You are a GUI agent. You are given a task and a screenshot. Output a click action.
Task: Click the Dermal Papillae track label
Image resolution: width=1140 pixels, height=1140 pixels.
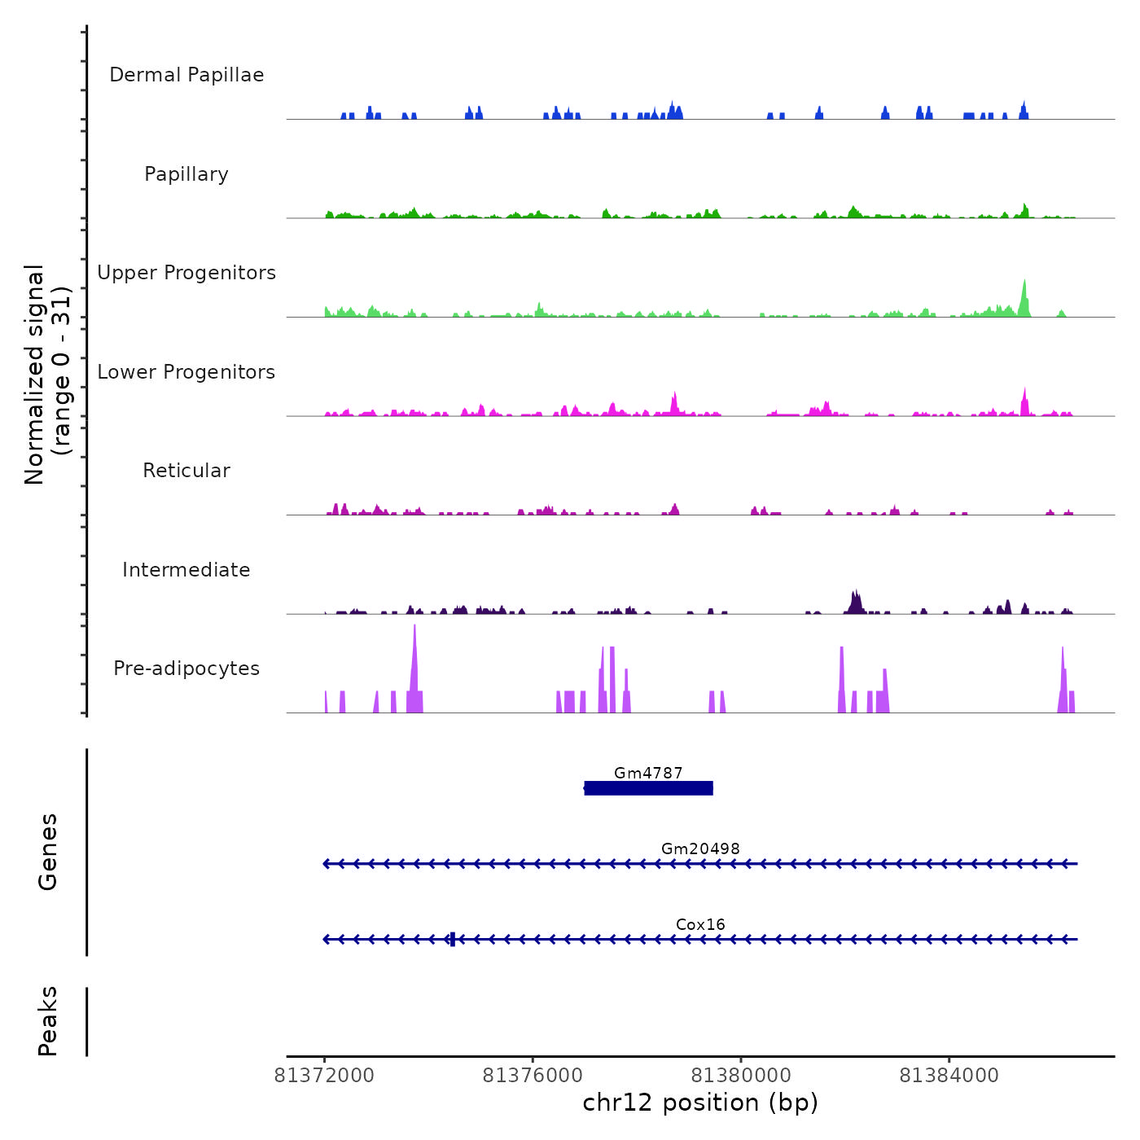click(186, 75)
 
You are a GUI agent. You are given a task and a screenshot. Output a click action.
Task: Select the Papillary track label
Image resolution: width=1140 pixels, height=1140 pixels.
click(186, 174)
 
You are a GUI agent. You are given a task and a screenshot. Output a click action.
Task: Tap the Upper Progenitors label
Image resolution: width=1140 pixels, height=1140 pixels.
click(186, 273)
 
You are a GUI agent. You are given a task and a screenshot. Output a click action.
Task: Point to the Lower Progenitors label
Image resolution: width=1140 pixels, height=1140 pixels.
click(186, 372)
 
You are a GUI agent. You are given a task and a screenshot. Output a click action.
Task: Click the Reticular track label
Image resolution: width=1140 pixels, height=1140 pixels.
click(186, 471)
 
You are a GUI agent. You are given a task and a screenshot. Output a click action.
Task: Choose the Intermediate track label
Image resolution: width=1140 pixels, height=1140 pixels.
click(186, 570)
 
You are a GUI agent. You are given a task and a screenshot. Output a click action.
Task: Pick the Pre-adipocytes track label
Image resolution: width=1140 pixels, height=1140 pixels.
click(186, 669)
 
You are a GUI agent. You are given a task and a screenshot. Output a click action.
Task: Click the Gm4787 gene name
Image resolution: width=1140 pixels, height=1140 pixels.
click(648, 773)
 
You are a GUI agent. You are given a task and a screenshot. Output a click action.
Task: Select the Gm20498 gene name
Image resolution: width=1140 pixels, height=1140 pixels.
click(700, 848)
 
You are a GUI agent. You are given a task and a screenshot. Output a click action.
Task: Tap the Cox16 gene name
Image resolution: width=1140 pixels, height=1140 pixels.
click(700, 924)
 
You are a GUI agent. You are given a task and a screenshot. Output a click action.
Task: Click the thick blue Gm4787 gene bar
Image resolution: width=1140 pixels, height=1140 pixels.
click(649, 788)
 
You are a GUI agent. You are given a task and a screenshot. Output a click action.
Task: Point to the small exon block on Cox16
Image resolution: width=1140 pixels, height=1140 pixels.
click(452, 939)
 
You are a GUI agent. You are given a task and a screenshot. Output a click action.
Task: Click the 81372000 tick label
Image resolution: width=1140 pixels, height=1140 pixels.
click(324, 1076)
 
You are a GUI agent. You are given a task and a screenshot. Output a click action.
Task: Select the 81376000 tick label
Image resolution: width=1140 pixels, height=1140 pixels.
click(533, 1076)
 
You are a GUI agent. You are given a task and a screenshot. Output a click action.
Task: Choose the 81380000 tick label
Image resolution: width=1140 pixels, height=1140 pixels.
click(741, 1076)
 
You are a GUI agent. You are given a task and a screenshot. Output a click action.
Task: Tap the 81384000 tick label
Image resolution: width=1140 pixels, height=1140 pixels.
click(949, 1076)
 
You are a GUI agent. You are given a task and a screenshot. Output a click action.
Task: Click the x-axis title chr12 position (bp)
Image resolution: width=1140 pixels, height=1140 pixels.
click(700, 1103)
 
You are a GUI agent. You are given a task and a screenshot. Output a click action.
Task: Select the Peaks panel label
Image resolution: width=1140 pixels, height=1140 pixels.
click(48, 1021)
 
